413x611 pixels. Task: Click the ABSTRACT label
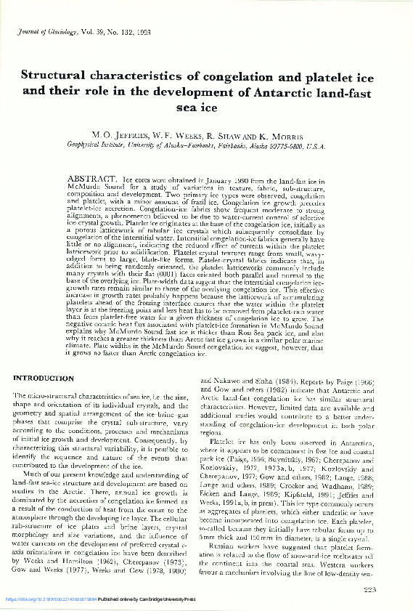91,178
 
